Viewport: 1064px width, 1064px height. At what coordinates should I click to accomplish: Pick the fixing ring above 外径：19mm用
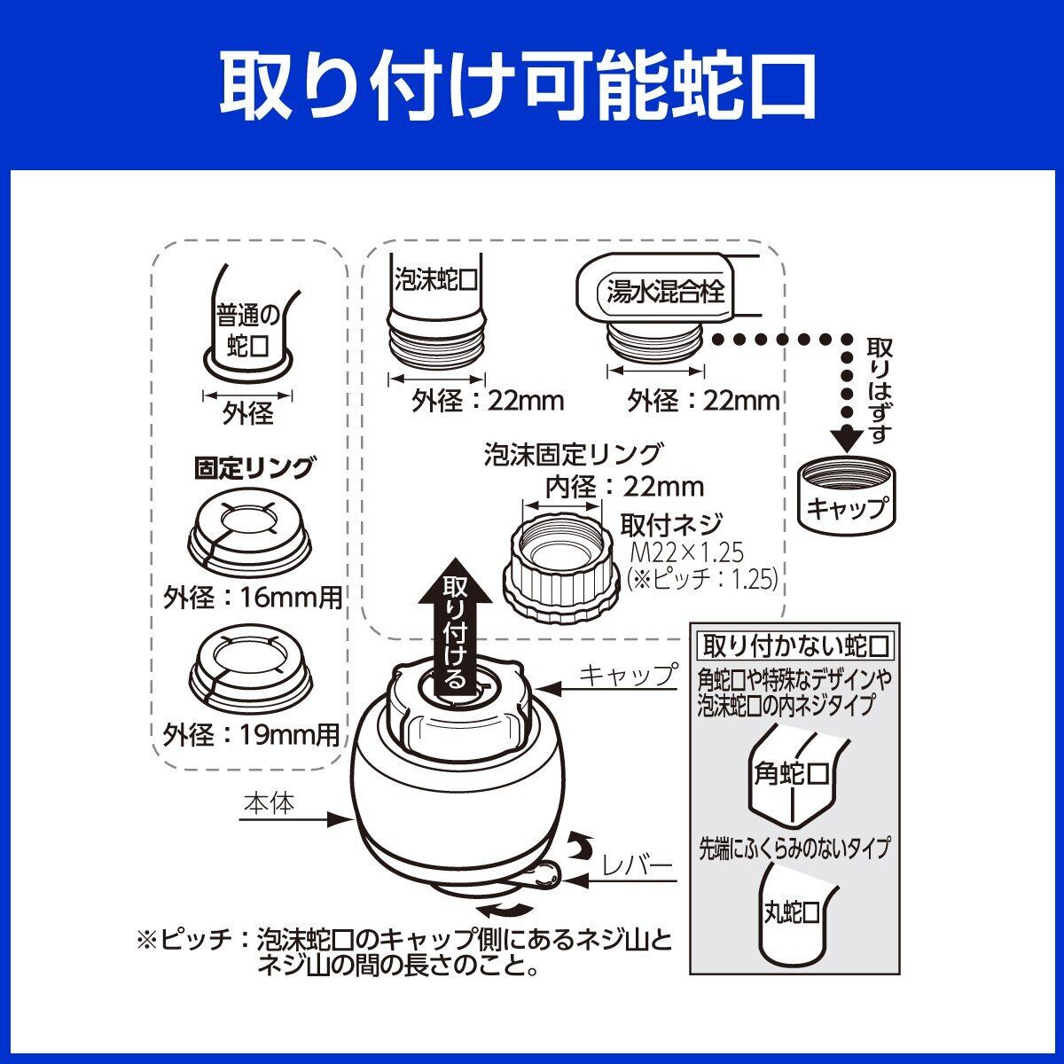click(249, 666)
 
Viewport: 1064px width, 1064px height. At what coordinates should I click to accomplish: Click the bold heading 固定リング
click(254, 467)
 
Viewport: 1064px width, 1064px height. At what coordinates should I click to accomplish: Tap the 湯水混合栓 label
click(664, 290)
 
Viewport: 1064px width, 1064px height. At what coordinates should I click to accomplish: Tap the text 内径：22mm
click(611, 486)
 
